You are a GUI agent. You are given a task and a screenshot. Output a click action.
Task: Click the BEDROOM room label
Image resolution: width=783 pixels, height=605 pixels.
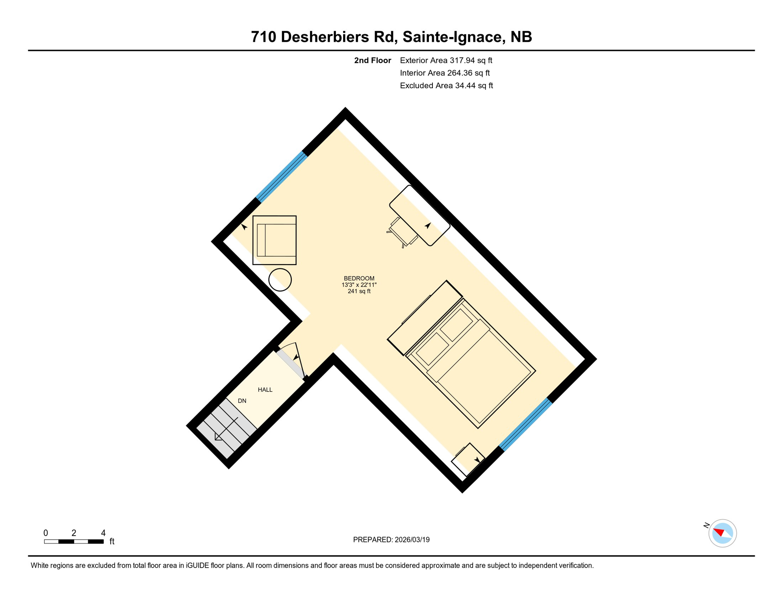pos(359,278)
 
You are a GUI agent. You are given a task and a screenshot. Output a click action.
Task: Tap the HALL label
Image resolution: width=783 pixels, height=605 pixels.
pos(265,390)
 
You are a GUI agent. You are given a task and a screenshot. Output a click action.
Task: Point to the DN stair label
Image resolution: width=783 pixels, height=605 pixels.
pos(242,401)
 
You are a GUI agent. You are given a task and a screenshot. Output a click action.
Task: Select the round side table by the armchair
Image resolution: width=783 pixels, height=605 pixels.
pos(280,280)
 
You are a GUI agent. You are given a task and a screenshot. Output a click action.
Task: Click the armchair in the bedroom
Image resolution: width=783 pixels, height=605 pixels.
pos(275,240)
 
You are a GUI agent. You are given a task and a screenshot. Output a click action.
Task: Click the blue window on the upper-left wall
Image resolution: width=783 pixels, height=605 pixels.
pos(282,177)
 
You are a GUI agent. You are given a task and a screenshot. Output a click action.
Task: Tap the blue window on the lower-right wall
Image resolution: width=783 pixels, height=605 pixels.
pos(526,425)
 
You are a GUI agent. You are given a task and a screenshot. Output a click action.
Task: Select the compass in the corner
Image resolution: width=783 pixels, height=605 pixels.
pos(722,533)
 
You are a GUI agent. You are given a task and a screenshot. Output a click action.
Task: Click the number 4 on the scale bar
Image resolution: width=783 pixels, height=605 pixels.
pos(103,533)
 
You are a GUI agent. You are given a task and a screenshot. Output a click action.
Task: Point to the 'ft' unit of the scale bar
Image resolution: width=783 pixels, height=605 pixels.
pos(112,542)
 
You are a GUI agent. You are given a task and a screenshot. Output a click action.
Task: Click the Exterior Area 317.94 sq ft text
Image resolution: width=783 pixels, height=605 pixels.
pos(446,60)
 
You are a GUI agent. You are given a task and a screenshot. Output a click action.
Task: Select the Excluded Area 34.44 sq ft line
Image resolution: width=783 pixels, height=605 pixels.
pos(446,85)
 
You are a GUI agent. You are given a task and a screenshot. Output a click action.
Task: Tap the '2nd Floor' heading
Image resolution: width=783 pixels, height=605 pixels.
pos(372,60)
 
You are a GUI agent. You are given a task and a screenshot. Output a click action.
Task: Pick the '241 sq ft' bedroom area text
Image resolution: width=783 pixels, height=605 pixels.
pos(359,291)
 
